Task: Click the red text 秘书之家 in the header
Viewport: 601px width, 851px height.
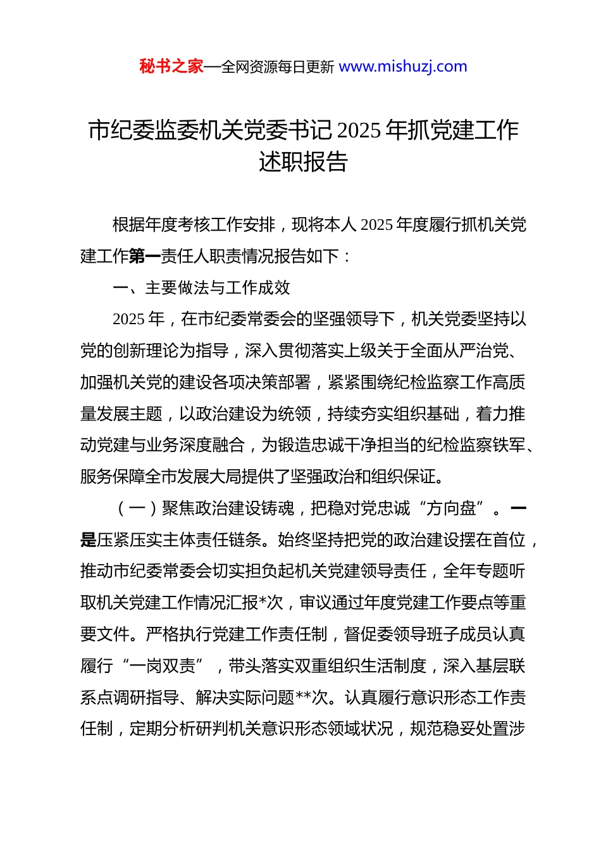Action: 171,66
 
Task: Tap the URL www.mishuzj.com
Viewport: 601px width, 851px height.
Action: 403,66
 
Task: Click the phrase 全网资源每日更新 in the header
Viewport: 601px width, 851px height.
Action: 278,67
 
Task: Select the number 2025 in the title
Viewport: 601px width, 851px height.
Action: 359,130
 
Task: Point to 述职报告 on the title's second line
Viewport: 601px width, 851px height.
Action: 303,162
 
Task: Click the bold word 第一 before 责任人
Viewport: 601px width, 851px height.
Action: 146,256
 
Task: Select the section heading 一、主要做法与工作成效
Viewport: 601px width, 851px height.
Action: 202,288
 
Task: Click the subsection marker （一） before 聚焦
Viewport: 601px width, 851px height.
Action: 137,508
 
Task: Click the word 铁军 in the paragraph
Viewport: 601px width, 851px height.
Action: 509,445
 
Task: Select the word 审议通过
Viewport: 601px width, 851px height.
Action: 332,603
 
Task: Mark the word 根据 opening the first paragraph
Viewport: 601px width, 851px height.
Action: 129,225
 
